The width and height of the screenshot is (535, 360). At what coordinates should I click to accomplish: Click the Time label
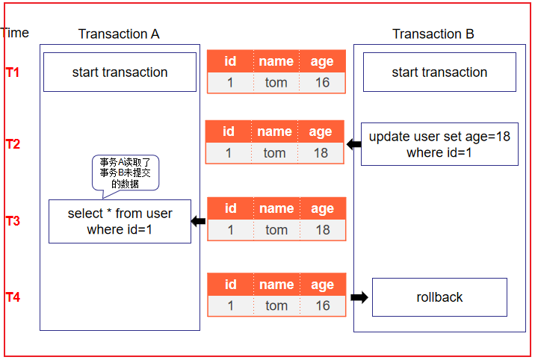(x=15, y=33)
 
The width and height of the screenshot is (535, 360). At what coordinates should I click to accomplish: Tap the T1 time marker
(x=13, y=72)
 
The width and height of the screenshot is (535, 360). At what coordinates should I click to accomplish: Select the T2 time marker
(x=13, y=144)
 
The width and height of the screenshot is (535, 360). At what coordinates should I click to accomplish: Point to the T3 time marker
(x=13, y=221)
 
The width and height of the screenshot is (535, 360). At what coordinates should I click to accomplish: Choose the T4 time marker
(x=13, y=298)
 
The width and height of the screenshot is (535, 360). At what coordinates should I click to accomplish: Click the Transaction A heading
(x=119, y=34)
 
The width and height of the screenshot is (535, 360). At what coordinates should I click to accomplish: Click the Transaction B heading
(x=433, y=34)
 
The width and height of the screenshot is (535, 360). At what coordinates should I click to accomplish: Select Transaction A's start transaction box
(x=120, y=72)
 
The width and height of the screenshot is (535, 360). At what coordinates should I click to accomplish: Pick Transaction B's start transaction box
(x=439, y=72)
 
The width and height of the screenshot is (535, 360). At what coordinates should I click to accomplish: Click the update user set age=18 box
(x=439, y=144)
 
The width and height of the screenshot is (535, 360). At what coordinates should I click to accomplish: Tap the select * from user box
(x=120, y=221)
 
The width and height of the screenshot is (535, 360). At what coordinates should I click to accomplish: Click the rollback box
(x=439, y=297)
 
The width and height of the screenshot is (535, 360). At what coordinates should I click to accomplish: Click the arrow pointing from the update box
(x=353, y=144)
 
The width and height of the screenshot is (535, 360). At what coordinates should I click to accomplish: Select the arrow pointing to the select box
(x=198, y=221)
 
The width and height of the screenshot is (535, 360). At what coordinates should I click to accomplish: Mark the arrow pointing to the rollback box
(x=359, y=297)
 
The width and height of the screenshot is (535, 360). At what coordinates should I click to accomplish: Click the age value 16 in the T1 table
(x=322, y=82)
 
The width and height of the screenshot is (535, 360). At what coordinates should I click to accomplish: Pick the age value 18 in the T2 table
(x=321, y=153)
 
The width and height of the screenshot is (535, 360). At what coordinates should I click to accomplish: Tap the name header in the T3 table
(x=276, y=208)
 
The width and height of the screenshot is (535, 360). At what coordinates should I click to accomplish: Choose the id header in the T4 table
(x=230, y=285)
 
